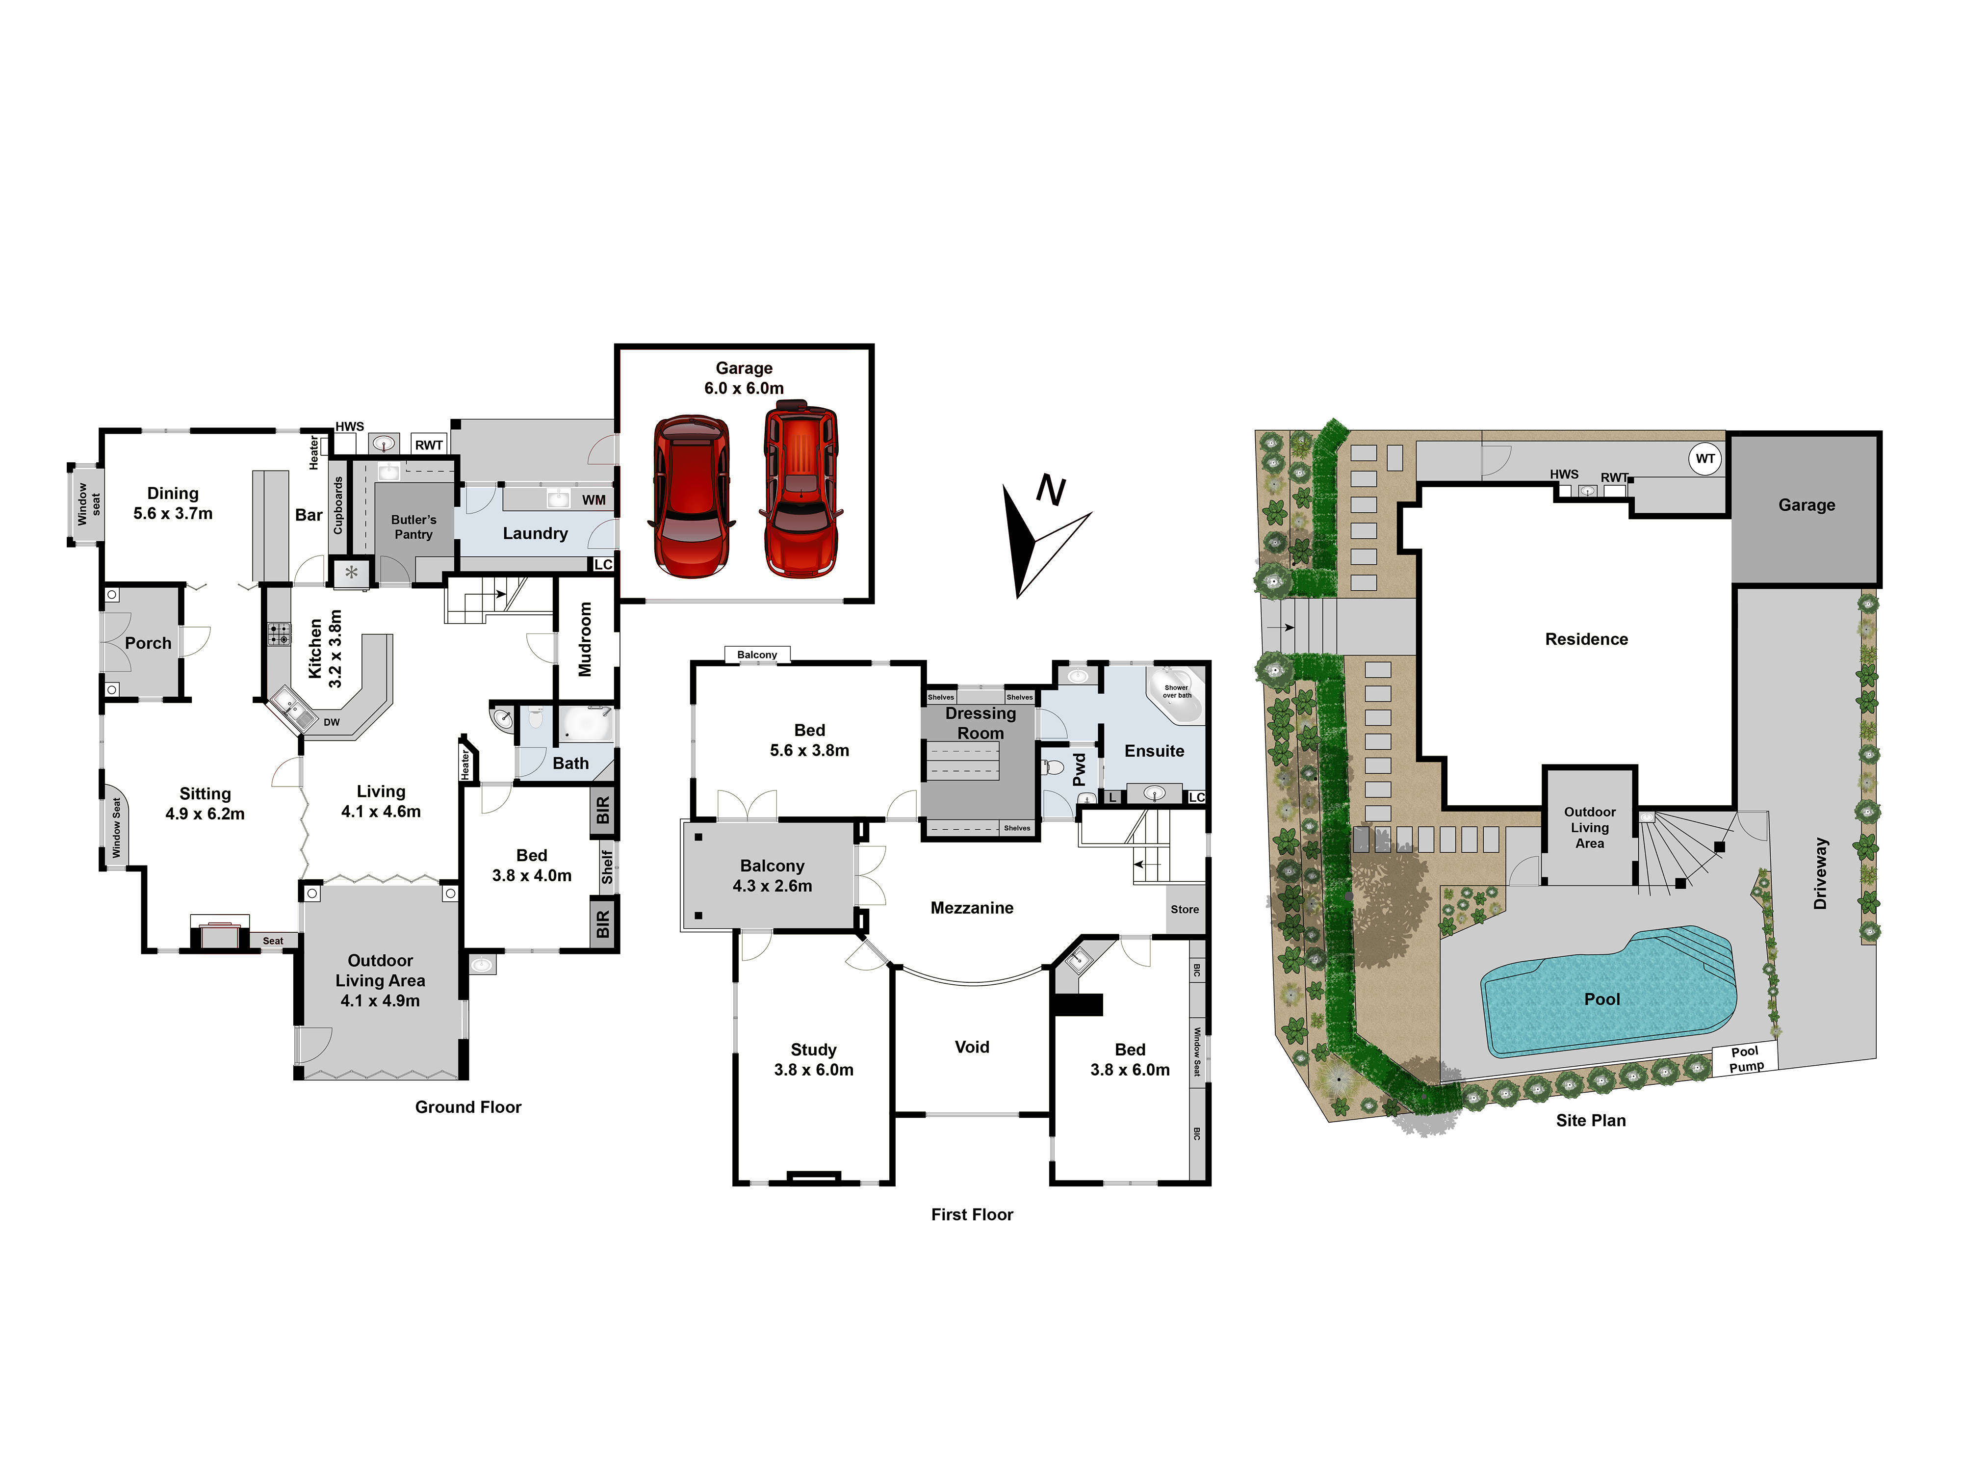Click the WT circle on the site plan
pyautogui.click(x=1705, y=459)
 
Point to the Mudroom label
pyautogui.click(x=585, y=639)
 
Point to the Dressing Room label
pyautogui.click(x=980, y=723)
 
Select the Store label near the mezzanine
pyautogui.click(x=1184, y=910)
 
